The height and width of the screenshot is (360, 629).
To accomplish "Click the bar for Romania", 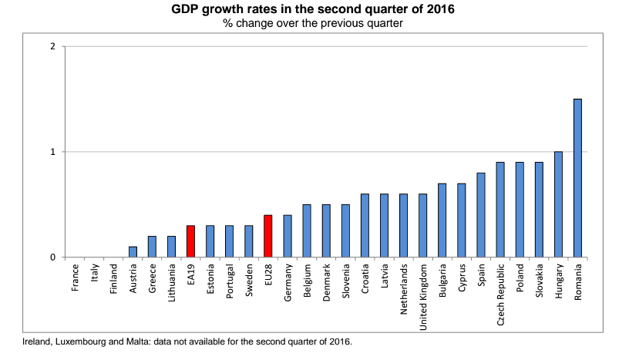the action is pos(577,178).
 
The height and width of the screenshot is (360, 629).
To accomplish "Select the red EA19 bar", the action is pos(190,241).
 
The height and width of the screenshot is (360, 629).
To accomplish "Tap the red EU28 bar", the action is pos(268,236).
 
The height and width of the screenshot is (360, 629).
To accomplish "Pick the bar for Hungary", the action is pos(558,204).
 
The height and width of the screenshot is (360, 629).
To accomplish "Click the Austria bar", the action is pos(133,251).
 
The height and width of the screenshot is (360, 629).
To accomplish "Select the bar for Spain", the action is pos(481,215).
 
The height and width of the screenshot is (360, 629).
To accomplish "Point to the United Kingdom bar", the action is pos(423,226).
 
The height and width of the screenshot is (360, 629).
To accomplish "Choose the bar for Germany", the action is pos(288,236).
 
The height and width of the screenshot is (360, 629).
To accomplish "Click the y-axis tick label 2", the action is pos(52,46).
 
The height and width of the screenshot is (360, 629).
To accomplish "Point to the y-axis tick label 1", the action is pos(52,152).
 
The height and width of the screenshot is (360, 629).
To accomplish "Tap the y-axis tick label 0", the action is pos(52,257).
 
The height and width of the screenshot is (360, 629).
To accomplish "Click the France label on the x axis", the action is pos(75,278).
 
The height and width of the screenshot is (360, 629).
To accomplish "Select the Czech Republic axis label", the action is pos(500,294).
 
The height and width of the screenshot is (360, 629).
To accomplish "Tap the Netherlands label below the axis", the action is pos(404,289).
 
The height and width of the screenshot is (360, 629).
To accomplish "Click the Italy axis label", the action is pos(95,273).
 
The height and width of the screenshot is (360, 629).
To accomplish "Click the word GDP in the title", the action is pos(185,8).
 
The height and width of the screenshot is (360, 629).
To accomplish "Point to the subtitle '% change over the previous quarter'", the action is pos(313,23).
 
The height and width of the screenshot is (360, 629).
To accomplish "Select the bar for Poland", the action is pos(520,210).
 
